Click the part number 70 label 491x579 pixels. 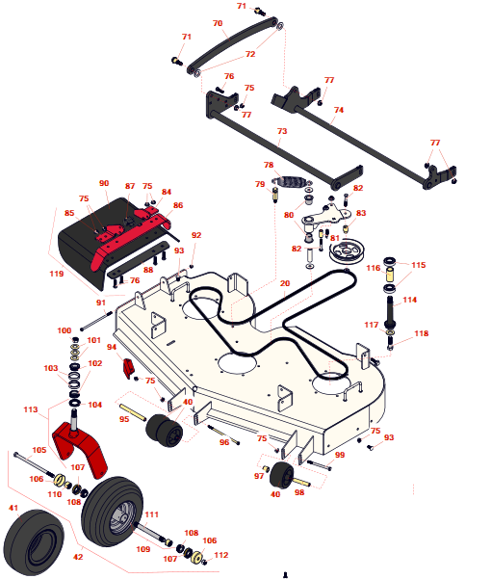[218, 23]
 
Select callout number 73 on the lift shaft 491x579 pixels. [282, 131]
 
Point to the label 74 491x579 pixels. [339, 110]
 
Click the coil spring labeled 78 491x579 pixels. [292, 181]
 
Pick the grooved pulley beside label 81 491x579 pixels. [345, 251]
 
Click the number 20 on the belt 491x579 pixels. [285, 283]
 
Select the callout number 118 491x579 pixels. [422, 333]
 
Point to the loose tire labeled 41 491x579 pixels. [33, 542]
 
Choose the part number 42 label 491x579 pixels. [78, 557]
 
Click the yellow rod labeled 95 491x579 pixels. [133, 412]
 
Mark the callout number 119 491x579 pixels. [57, 274]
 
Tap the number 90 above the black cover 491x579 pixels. [104, 183]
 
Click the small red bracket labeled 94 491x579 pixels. [128, 368]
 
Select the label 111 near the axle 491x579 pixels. [151, 514]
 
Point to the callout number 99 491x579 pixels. [340, 455]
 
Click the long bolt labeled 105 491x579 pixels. [33, 465]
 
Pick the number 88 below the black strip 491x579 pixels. [148, 270]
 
